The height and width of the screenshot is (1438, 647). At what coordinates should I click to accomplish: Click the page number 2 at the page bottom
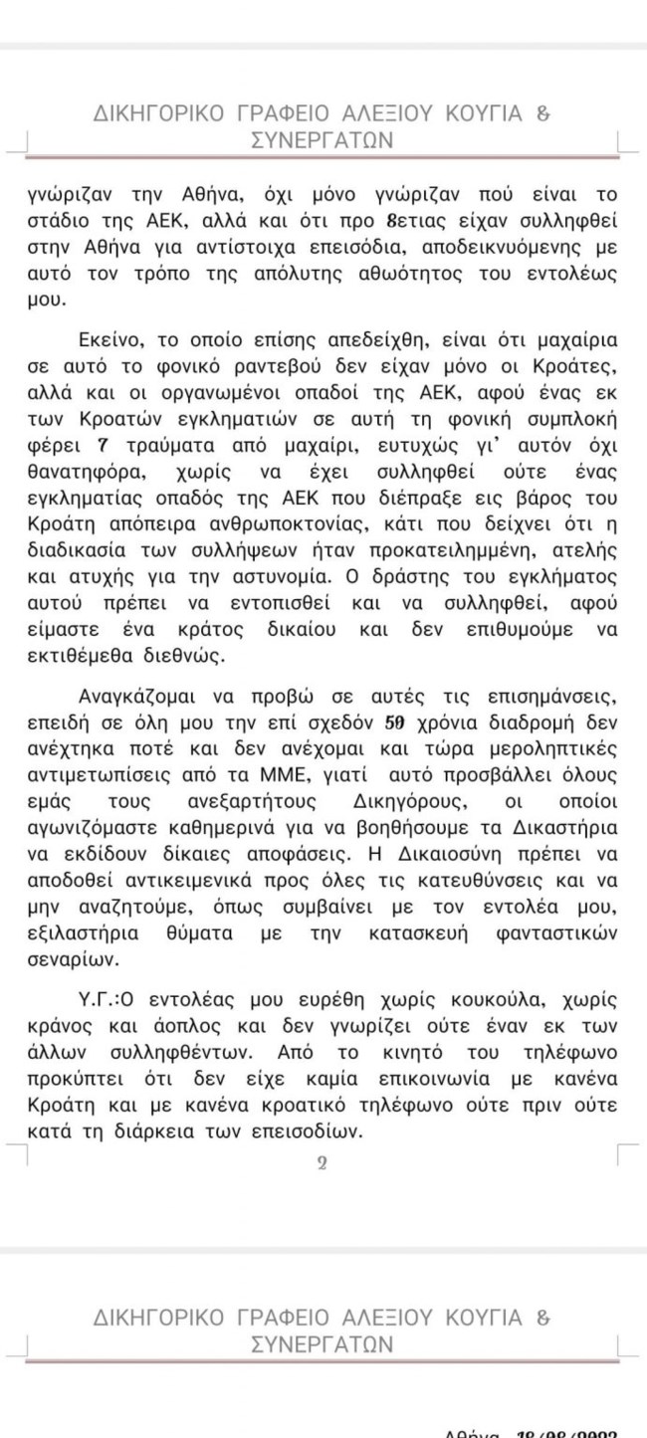click(322, 1163)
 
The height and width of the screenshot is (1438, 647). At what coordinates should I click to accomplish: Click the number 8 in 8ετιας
click(395, 220)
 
